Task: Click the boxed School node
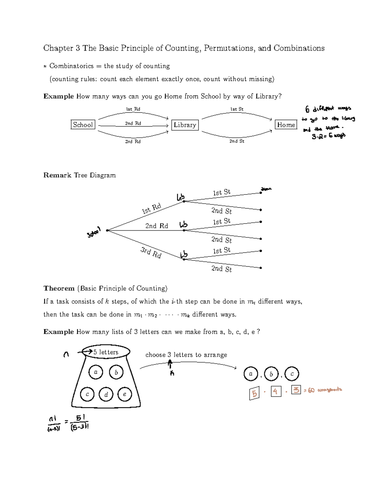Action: tap(83, 125)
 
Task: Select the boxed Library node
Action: tap(185, 125)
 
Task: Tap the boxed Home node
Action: tap(286, 125)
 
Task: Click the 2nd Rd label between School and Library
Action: tap(133, 123)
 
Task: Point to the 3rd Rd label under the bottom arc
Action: tap(133, 142)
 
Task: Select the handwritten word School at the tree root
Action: tap(94, 233)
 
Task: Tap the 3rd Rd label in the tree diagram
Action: tap(151, 252)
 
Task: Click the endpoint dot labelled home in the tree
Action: tap(261, 193)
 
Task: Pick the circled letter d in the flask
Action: tap(106, 394)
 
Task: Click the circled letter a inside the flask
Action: tap(96, 372)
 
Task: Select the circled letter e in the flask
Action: tap(125, 394)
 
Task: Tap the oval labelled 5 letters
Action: tap(106, 352)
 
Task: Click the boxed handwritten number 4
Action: tap(276, 391)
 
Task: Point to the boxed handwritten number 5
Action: tap(254, 393)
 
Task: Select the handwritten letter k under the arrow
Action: tap(172, 373)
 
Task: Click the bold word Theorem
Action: tap(59, 288)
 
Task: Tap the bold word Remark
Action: tap(57, 175)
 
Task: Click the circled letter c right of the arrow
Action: tap(292, 374)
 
